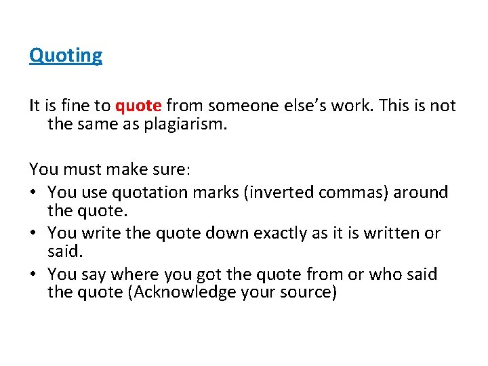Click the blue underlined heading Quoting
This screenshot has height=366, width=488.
[66, 55]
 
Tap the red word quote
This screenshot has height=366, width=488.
[138, 106]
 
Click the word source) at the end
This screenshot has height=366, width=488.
[312, 293]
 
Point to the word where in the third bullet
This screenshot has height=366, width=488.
[133, 274]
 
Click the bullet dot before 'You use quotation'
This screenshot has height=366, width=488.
[34, 193]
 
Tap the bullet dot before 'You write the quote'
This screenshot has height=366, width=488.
[34, 234]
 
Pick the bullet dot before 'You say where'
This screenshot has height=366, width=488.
[34, 274]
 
